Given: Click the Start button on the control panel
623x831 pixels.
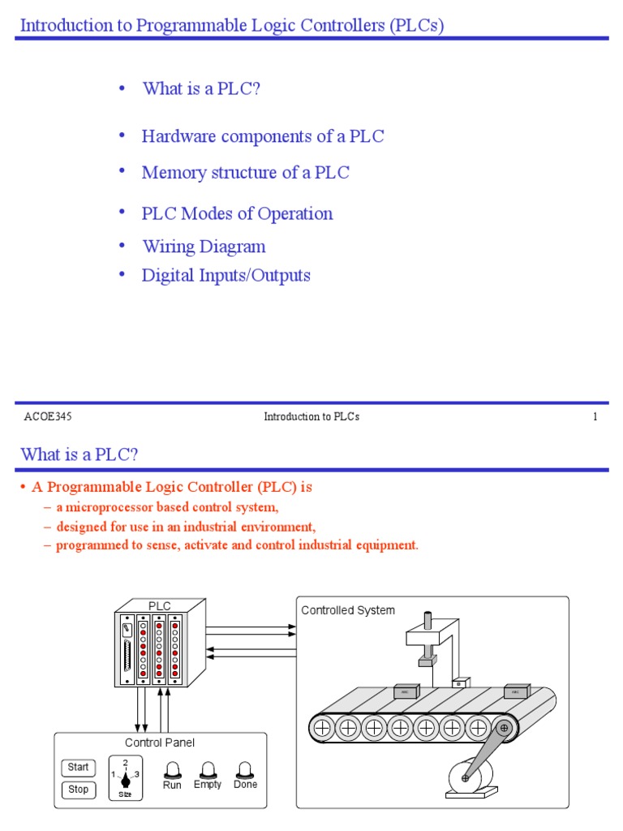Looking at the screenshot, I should (78, 767).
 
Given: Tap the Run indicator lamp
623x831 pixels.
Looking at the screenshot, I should (172, 770).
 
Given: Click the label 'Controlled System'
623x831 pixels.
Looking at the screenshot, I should (348, 610).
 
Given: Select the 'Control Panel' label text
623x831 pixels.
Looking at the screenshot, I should (160, 743).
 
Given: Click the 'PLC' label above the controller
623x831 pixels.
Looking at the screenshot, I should (160, 605).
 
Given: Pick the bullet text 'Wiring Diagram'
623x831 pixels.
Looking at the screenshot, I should (204, 246).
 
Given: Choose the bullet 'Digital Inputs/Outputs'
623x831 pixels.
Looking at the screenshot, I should (226, 275).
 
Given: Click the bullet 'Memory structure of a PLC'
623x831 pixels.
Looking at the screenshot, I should (245, 172).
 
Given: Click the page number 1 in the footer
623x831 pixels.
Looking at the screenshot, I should (595, 417).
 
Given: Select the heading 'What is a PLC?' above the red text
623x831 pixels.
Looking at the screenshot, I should (79, 454).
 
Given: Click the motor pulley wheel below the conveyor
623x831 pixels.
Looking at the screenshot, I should (466, 778).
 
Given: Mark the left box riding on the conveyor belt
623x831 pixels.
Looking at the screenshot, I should (405, 691).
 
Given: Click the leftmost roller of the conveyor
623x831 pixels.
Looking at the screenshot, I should (322, 728).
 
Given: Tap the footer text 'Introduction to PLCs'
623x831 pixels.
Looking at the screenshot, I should (311, 417).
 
